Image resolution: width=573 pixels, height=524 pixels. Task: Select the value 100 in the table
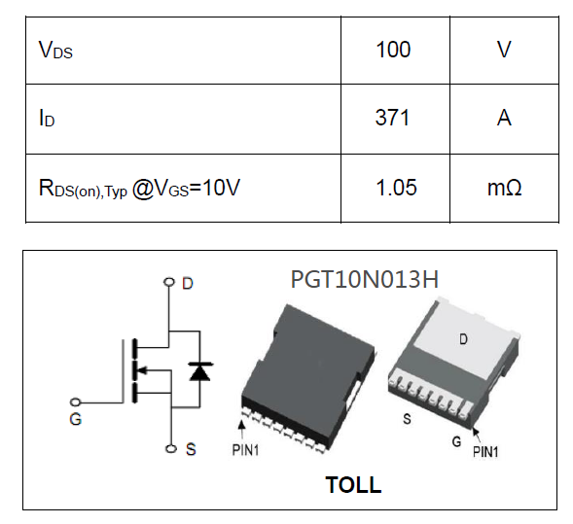tap(393, 50)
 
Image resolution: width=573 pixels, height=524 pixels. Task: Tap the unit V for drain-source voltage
tap(504, 50)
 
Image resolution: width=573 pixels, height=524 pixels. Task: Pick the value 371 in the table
tap(393, 118)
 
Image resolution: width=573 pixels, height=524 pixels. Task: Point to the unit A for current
tap(504, 118)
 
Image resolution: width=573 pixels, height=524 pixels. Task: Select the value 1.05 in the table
tap(393, 187)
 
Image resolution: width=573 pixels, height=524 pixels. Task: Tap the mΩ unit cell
tap(504, 187)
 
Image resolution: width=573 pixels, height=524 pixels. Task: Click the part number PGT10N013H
tap(365, 279)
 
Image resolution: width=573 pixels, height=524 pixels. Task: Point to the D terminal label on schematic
tap(188, 283)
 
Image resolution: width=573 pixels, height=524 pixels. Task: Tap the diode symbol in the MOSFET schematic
tap(201, 370)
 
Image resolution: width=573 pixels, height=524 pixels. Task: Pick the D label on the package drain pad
tap(463, 340)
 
